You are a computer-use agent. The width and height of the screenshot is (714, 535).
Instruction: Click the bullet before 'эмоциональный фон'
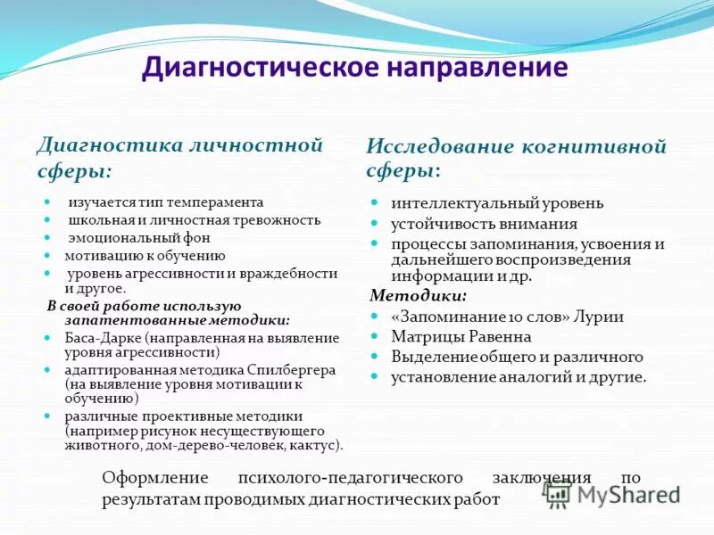tap(46, 237)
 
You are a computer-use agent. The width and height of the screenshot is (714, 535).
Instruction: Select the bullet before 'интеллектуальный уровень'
tap(376, 203)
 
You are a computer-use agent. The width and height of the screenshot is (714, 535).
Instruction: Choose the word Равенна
tap(498, 336)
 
